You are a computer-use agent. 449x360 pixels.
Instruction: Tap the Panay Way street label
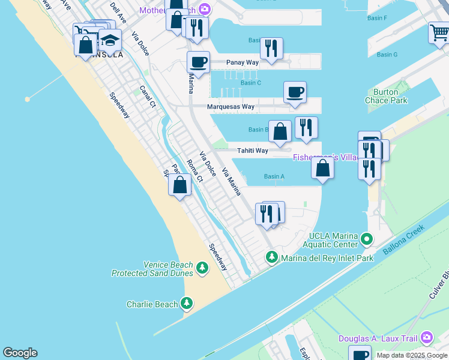click(x=242, y=62)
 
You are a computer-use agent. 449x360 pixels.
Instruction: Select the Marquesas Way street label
click(x=231, y=107)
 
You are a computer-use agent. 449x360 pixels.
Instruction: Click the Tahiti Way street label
click(x=252, y=151)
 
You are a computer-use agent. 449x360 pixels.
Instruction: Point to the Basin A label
click(x=274, y=176)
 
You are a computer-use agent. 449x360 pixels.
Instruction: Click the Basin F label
click(x=381, y=18)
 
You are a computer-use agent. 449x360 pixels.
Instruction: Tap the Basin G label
click(x=387, y=55)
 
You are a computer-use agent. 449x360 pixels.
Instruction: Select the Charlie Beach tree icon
click(x=187, y=304)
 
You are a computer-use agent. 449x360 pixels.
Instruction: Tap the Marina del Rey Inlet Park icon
click(x=272, y=257)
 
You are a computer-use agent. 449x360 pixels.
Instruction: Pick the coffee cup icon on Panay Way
click(x=198, y=61)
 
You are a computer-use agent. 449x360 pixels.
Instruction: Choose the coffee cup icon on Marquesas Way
click(x=295, y=92)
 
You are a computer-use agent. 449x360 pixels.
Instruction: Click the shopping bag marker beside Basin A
click(x=323, y=168)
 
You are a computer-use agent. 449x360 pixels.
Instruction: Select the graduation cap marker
click(x=110, y=40)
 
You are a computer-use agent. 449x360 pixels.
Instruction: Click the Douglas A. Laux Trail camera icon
click(x=427, y=338)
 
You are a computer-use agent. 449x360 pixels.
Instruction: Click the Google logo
click(x=20, y=353)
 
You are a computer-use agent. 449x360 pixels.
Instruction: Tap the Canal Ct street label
click(x=148, y=96)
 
